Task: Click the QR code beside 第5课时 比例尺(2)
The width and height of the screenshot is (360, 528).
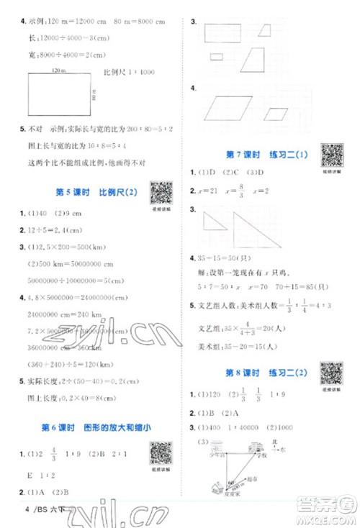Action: tap(161, 194)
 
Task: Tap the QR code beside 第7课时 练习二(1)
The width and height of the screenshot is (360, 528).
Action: tap(330, 156)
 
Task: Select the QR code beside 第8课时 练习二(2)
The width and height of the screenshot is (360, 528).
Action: tap(330, 373)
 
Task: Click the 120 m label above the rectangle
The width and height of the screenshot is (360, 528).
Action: tap(58, 69)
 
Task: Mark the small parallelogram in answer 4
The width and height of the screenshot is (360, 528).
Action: tap(276, 114)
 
